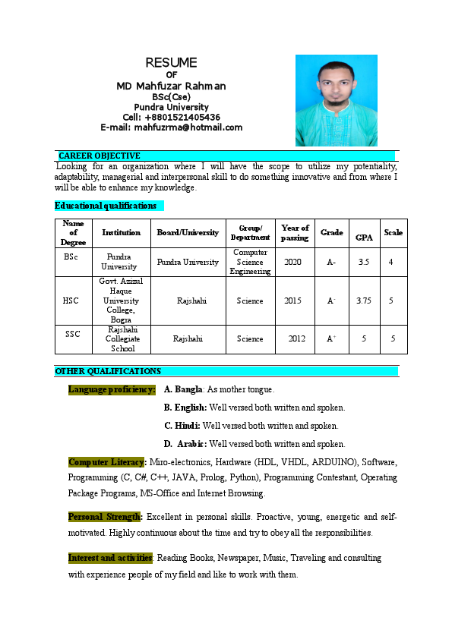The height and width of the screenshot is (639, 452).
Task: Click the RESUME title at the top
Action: point(171,62)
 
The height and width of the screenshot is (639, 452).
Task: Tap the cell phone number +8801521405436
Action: point(182,117)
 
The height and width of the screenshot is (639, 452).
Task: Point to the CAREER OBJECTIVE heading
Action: point(100,156)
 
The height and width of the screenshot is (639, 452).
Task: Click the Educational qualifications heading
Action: point(106,206)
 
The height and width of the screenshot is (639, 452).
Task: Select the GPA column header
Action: point(365,238)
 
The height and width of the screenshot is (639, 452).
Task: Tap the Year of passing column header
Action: point(295,233)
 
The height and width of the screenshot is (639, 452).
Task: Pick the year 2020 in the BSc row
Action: point(293,262)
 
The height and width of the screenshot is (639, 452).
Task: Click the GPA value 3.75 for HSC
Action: point(364,301)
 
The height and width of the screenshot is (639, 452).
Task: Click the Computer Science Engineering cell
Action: point(251,262)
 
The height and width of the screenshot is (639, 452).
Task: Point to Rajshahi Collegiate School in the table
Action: point(122,339)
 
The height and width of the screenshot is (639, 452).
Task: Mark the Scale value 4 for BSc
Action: point(390,262)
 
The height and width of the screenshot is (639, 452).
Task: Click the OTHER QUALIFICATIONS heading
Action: point(108,371)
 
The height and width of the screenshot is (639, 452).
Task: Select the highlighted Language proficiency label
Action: point(112,389)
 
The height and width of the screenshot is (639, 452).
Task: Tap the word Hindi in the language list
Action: point(187,426)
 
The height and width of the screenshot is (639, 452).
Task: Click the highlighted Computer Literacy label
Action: point(107,462)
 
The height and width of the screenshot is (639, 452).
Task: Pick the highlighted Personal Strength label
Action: point(105,517)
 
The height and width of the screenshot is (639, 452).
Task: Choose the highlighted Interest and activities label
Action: point(111,558)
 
